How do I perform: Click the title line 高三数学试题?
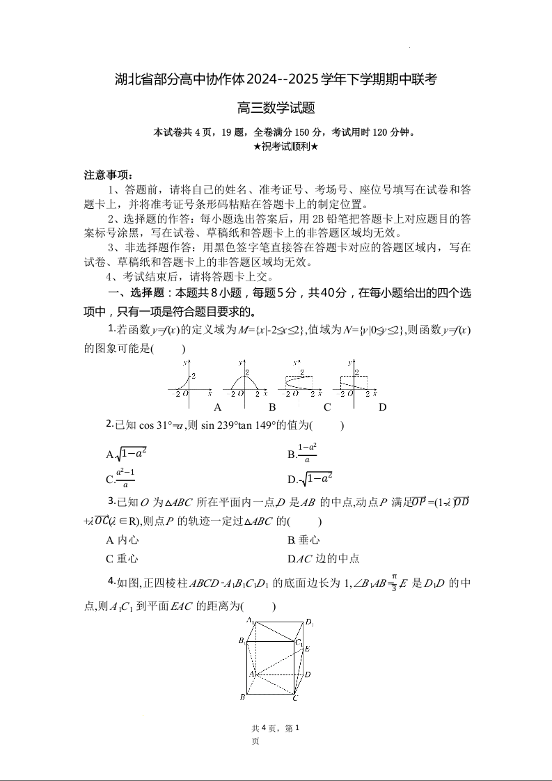[x=276, y=108]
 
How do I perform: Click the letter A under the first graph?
[x=217, y=407]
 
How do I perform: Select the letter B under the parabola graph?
[x=272, y=407]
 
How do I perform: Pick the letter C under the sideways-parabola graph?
[x=326, y=407]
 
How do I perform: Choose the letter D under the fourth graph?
[x=382, y=407]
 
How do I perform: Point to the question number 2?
[x=110, y=424]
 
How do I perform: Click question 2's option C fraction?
[x=125, y=478]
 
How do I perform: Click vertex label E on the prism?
[x=307, y=649]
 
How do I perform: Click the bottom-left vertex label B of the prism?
[x=242, y=697]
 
